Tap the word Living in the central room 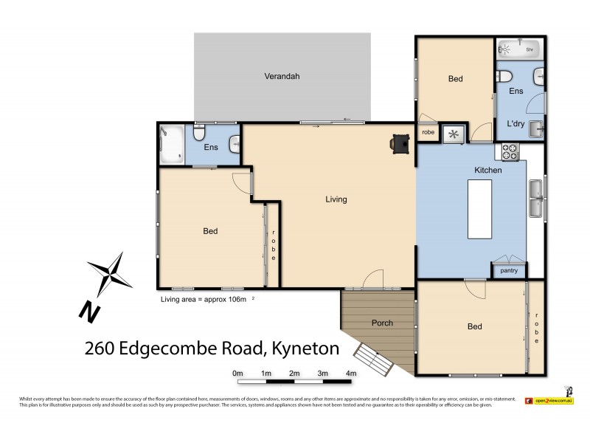336,199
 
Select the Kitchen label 487,171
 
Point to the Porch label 382,323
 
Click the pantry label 509,271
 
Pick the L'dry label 515,124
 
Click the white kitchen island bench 480,208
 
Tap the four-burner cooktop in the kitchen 510,152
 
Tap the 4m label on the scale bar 351,374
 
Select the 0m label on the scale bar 238,374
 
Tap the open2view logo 550,400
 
